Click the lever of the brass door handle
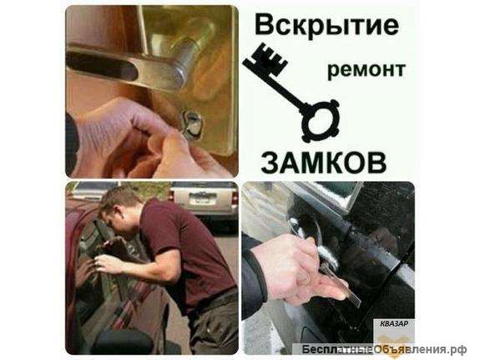pyautogui.click(x=159, y=66)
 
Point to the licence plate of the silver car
pyautogui.click(x=200, y=200)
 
